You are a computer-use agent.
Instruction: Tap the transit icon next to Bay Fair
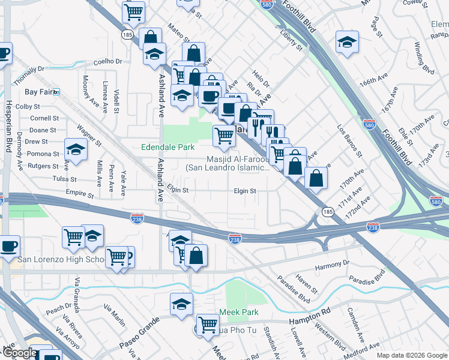[x=57, y=92]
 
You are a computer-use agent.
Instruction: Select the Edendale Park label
[x=167, y=147]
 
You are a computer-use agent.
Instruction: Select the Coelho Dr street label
[x=107, y=61]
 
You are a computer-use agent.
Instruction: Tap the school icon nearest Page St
[x=347, y=42]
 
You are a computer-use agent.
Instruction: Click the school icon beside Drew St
[x=76, y=148]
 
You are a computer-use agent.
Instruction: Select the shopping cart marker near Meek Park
[x=208, y=325]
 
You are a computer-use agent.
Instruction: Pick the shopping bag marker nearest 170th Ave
[x=316, y=177]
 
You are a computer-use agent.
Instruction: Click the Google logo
[x=20, y=353]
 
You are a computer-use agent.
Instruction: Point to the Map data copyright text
[x=411, y=355]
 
